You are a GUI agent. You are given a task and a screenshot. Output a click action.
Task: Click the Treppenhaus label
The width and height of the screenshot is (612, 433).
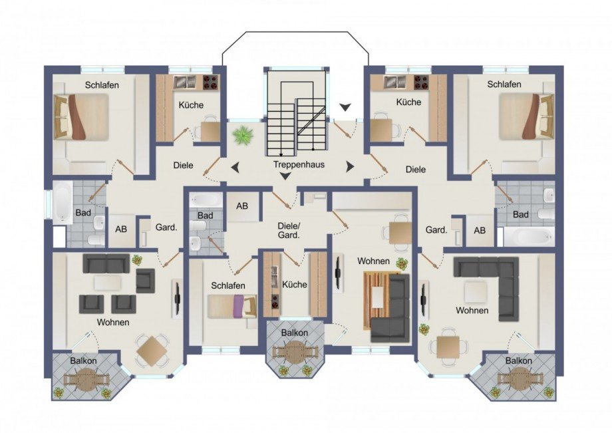coord(299,164)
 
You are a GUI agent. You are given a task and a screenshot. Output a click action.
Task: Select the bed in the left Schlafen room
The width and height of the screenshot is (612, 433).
coord(81,116)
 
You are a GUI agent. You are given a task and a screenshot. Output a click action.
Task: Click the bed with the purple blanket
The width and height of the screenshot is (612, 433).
coord(232,306)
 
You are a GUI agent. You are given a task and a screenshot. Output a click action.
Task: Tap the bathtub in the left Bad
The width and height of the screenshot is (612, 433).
coord(63,202)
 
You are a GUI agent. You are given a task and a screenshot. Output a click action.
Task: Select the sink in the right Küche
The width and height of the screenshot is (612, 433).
coord(395,82)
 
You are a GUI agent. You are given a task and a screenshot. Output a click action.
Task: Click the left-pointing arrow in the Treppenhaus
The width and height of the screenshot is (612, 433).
coord(235,168)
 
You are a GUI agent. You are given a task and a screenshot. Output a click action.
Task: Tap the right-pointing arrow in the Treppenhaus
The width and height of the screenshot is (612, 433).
coord(350,167)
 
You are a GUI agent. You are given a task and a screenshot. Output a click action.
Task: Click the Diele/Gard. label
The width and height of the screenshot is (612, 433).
coord(289,231)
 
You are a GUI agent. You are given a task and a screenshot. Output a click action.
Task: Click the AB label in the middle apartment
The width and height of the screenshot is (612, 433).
coord(242,206)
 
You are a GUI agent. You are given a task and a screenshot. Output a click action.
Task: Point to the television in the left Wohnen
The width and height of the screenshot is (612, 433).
coord(177,299)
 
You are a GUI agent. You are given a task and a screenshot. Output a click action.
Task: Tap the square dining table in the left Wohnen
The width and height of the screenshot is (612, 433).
coord(152,351)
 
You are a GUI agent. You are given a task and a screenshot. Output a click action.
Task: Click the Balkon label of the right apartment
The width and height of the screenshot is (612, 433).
coord(518,361)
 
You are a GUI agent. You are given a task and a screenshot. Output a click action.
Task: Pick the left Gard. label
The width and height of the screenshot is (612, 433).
coord(166,227)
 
